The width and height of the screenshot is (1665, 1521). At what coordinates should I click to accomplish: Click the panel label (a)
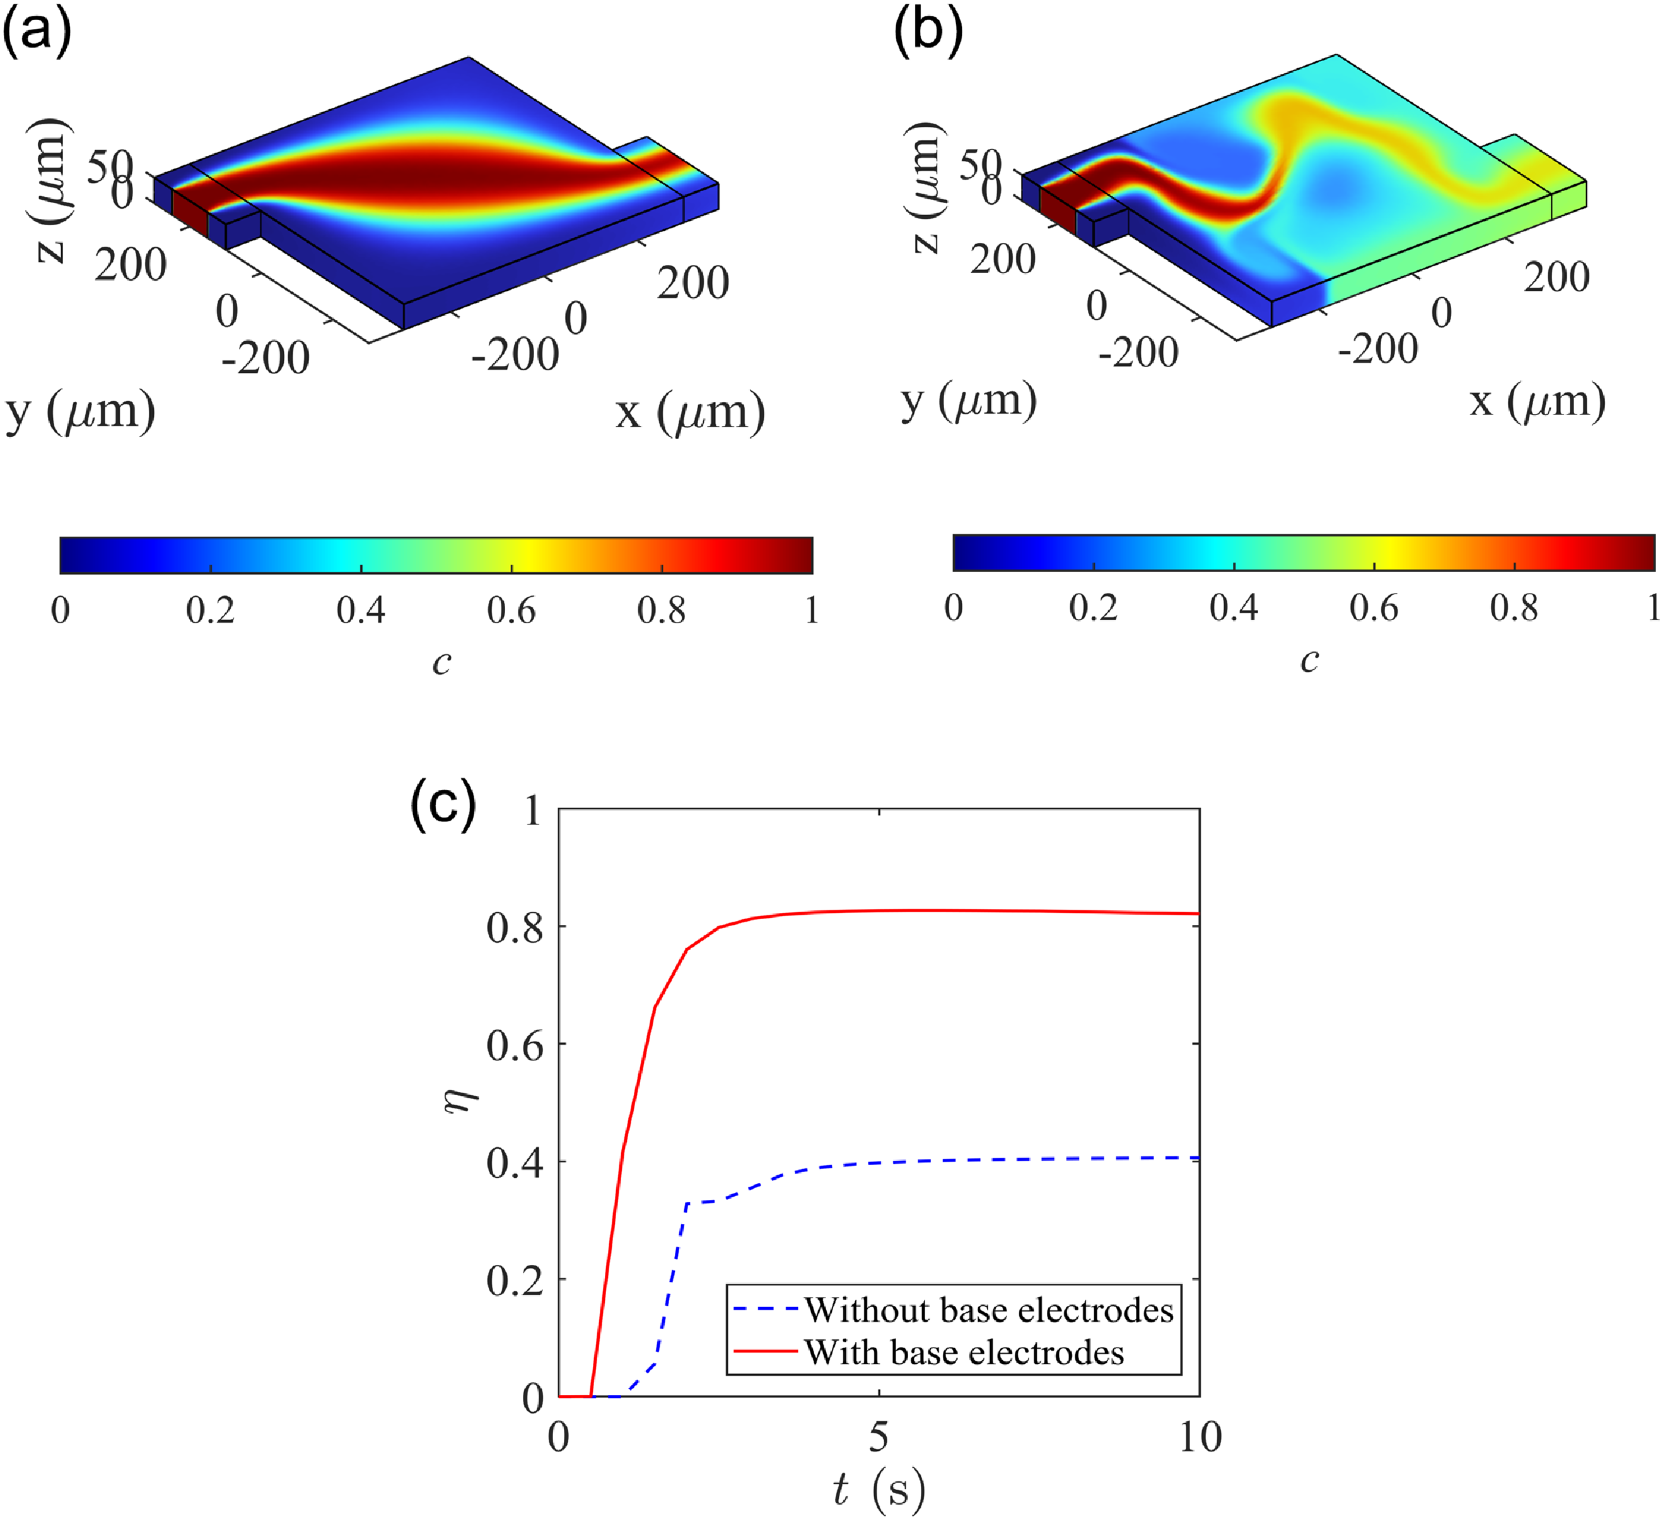[37, 35]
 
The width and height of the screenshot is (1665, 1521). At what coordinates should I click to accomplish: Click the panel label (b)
[929, 35]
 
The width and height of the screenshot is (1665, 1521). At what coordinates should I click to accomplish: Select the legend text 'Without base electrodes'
[989, 1310]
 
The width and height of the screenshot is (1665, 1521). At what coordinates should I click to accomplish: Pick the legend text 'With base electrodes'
[964, 1353]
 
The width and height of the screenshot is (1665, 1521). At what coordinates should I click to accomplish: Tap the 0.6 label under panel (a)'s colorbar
[511, 611]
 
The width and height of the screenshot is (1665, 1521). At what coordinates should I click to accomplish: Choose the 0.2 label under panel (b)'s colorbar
[1094, 608]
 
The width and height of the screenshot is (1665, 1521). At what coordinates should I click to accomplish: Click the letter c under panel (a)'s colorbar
[442, 662]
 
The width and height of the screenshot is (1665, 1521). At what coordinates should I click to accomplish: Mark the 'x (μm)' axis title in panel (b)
[1538, 403]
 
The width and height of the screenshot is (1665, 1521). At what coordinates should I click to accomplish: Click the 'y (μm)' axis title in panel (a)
[80, 411]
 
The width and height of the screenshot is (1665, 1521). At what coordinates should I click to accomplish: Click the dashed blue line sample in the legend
[766, 1310]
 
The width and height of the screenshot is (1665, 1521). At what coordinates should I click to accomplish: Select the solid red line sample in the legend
[766, 1353]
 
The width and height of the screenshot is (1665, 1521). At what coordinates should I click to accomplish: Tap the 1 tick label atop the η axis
[533, 811]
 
